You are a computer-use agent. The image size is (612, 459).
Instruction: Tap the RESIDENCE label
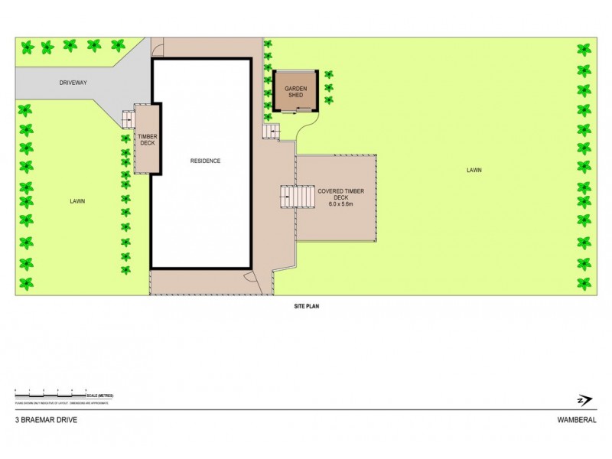(205, 161)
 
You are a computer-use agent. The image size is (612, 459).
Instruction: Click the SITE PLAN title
(306, 306)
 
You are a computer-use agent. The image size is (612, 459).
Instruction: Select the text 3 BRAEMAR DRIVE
(46, 420)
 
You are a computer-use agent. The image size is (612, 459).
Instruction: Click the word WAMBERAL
(577, 420)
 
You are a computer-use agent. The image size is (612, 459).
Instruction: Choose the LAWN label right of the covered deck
(474, 170)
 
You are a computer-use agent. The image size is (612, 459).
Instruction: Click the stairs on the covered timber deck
(298, 197)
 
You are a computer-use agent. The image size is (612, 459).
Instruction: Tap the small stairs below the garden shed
(269, 132)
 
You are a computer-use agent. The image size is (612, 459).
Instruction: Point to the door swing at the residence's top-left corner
(158, 50)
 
